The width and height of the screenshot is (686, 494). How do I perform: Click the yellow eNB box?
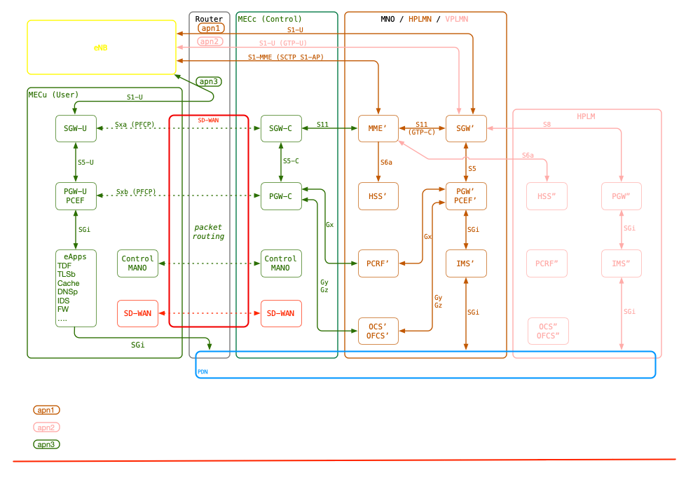click(x=102, y=47)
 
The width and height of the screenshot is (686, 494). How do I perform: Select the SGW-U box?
click(x=76, y=128)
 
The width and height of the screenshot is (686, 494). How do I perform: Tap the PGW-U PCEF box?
click(x=76, y=195)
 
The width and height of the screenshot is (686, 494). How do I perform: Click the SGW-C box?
click(x=280, y=128)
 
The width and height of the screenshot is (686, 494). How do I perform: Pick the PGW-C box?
click(x=280, y=195)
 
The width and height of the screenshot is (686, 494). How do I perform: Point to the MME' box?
click(x=378, y=128)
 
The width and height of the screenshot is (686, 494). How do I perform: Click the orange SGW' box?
click(x=466, y=128)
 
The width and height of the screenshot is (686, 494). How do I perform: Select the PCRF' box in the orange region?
click(x=378, y=263)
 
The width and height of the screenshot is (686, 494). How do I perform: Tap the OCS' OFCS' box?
click(x=378, y=331)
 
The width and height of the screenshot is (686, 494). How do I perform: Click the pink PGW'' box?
click(x=622, y=195)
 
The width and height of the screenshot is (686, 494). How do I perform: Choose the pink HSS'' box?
click(x=547, y=195)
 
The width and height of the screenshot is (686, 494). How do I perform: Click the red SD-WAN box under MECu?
click(x=137, y=313)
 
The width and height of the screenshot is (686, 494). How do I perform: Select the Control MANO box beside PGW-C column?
click(x=280, y=263)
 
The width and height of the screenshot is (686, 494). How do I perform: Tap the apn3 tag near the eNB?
click(x=210, y=82)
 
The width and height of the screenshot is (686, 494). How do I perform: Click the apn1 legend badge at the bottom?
click(x=46, y=409)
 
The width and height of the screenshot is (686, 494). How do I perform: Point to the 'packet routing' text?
click(x=208, y=232)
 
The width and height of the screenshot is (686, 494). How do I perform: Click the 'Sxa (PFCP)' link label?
click(x=135, y=125)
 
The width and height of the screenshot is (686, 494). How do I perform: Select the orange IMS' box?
click(x=466, y=263)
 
